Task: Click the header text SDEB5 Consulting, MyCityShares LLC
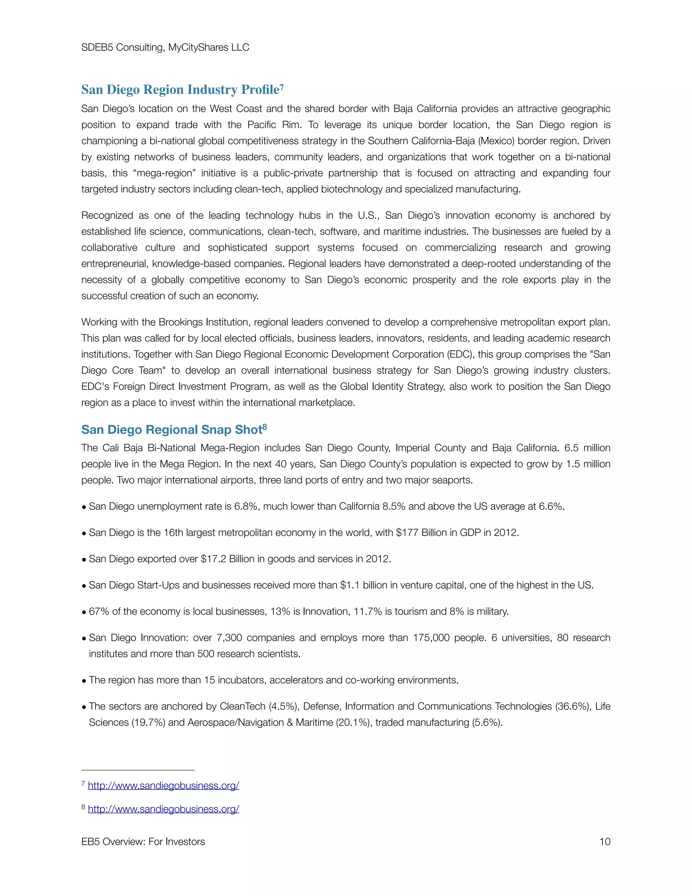tap(165, 48)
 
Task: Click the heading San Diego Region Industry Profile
tap(179, 90)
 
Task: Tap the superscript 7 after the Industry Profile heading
tap(282, 87)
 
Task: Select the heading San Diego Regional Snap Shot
tap(171, 429)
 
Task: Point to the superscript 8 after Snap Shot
tap(265, 427)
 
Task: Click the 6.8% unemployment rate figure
tap(246, 506)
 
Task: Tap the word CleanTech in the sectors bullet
tap(243, 706)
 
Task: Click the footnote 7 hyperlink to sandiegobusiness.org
tap(163, 786)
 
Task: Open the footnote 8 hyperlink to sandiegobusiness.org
tap(163, 809)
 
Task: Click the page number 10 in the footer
tap(605, 842)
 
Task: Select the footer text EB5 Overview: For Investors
tap(143, 842)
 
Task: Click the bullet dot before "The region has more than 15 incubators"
tap(84, 681)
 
